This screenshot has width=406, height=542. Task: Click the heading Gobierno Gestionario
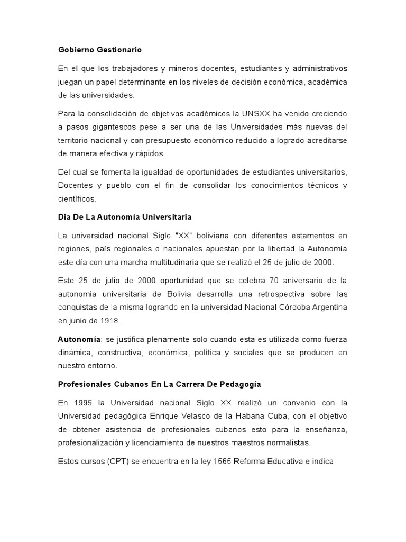coord(100,50)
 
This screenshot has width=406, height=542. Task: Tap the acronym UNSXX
coord(255,113)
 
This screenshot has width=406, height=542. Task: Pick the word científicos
coord(77,199)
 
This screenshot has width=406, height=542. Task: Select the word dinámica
coord(75,352)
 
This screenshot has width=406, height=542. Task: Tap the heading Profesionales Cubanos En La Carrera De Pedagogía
coord(160,383)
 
